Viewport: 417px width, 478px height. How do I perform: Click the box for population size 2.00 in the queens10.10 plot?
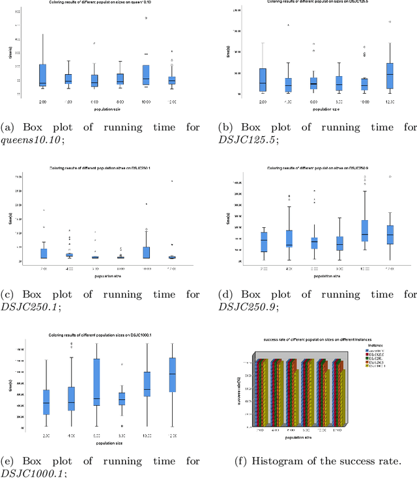pos(42,75)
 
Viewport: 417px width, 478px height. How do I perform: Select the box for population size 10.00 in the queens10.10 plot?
pos(146,73)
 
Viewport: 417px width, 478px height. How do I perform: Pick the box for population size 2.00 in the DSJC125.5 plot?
pos(263,79)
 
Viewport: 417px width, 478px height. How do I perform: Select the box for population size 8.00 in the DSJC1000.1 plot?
pos(121,399)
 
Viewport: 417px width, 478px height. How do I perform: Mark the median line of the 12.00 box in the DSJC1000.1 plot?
pos(172,373)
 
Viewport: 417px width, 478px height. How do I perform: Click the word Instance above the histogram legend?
pos(381,344)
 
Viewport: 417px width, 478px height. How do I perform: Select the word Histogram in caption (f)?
pos(275,462)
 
